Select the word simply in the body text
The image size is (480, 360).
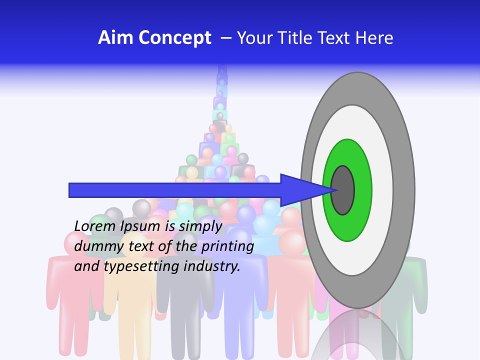click(x=200, y=227)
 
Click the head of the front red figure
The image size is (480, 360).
click(x=77, y=243)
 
